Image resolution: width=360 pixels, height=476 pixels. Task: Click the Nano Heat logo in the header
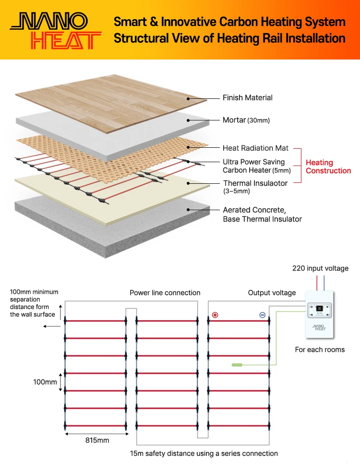(56, 30)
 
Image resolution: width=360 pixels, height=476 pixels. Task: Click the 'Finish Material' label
(247, 98)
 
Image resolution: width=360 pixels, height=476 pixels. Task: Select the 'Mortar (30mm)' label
(246, 120)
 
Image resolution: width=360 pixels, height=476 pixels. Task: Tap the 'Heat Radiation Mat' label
(255, 148)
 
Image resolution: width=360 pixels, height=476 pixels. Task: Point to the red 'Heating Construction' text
(328, 167)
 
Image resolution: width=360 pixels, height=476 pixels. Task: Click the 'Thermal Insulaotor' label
(255, 183)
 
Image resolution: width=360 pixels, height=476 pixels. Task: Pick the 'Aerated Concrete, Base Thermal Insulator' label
(262, 214)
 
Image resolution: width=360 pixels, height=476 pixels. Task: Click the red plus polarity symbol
(215, 315)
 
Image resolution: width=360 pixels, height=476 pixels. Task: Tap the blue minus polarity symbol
(262, 315)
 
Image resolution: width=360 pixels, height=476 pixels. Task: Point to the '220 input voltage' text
(320, 269)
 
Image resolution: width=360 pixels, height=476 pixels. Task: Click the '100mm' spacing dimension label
(45, 382)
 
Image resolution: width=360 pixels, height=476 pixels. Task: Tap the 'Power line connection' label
(165, 293)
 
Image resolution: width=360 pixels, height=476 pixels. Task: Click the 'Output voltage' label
(272, 293)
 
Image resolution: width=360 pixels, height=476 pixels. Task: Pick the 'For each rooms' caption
(320, 350)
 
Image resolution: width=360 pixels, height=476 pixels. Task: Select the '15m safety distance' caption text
(204, 453)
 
